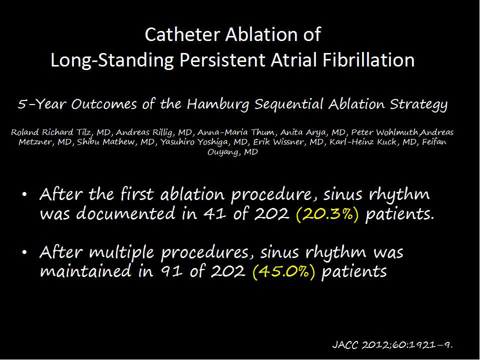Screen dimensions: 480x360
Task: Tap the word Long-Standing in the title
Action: pos(112,60)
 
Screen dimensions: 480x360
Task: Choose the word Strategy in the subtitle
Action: pos(418,104)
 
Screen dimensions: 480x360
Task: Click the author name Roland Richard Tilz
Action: pos(51,132)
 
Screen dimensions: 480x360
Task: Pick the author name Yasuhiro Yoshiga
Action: pos(192,142)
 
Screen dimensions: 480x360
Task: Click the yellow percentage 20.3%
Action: pos(327,214)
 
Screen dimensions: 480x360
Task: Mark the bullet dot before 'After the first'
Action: pos(25,195)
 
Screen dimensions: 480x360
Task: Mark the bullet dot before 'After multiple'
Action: pos(25,252)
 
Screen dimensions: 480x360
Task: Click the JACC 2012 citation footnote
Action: pos(392,345)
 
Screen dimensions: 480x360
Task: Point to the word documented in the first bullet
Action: pos(125,213)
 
